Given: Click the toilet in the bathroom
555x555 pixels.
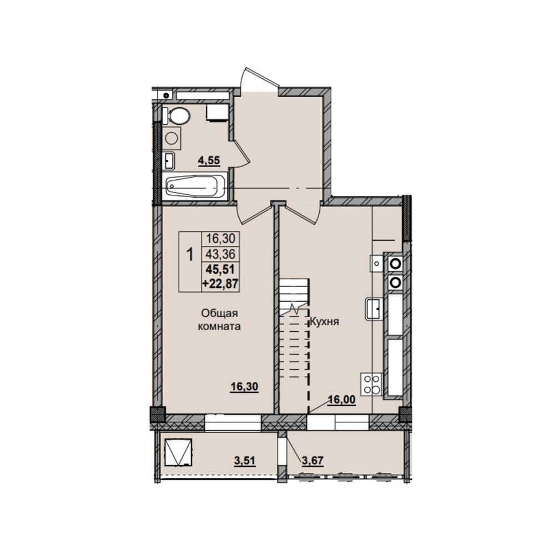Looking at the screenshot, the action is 176,116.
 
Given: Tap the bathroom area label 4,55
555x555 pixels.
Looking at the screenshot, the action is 209,161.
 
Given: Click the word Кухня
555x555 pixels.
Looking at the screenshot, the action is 325,321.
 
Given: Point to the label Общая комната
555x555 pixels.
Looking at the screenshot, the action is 219,320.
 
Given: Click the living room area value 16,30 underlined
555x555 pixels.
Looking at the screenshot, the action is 244,387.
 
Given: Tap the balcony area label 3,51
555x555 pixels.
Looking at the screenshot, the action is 245,461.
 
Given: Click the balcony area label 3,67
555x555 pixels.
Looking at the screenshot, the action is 312,461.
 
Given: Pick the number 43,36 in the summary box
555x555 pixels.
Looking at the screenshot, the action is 221,254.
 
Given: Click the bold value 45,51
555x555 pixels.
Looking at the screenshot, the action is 220,269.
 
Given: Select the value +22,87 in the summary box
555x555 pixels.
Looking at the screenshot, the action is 220,284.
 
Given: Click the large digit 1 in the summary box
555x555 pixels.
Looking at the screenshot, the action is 190,254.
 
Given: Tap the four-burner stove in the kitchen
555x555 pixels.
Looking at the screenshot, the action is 371,385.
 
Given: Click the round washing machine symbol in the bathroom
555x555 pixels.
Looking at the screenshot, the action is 171,138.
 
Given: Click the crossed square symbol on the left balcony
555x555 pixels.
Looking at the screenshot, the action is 178,452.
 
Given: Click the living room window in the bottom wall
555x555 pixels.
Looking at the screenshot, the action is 233,422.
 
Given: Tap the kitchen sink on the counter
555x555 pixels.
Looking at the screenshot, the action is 374,308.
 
